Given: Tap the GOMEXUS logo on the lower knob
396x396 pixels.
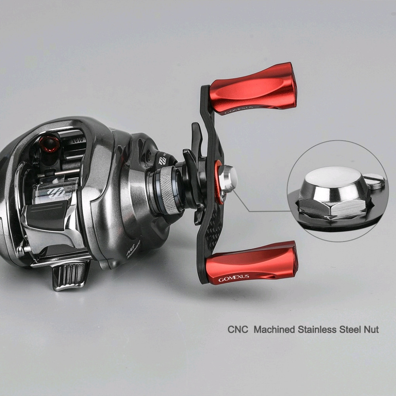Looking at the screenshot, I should [x=234, y=278].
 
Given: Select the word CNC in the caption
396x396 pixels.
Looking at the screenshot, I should [x=236, y=329].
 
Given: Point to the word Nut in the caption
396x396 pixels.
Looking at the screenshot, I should [x=371, y=329].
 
